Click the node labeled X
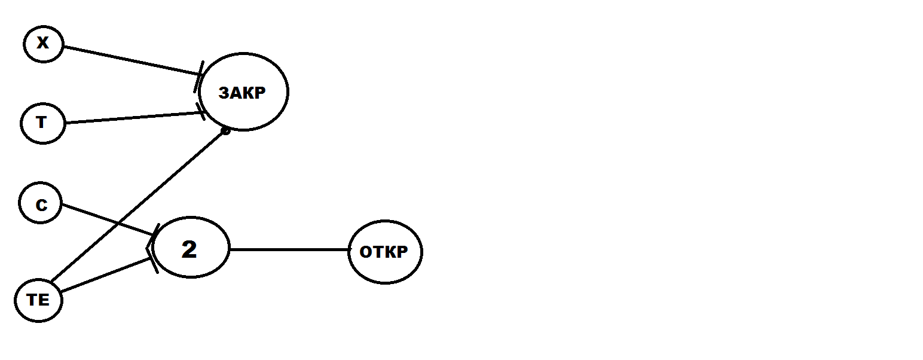click(43, 44)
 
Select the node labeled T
click(43, 123)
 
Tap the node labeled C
click(41, 203)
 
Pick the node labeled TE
click(38, 301)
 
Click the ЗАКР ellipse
click(243, 91)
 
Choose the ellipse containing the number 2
click(191, 248)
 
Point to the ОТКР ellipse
click(385, 252)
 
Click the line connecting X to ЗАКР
click(132, 61)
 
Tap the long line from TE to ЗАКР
click(138, 206)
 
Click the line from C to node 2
click(108, 220)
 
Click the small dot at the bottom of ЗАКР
click(225, 131)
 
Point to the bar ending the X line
click(198, 77)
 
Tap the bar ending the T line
click(201, 112)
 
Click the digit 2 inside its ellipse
click(189, 249)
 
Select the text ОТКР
click(384, 252)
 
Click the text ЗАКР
click(242, 93)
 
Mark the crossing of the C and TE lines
click(119, 224)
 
